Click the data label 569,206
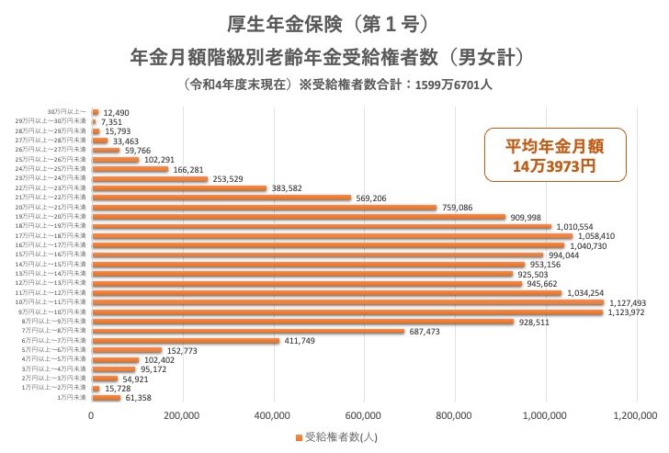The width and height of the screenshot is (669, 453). coord(376,198)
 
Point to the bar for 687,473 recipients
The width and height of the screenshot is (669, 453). coord(248,331)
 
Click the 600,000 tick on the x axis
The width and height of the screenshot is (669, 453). coord(365,416)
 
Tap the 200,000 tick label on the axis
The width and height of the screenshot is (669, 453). coord(183,416)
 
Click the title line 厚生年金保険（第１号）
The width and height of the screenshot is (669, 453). coord(326,21)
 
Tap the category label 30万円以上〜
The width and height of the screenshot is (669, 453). coord(69,112)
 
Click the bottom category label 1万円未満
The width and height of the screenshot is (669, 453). coord(73,397)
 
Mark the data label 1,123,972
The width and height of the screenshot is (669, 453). coord(630,312)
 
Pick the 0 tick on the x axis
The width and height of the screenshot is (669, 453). coord(92,416)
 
